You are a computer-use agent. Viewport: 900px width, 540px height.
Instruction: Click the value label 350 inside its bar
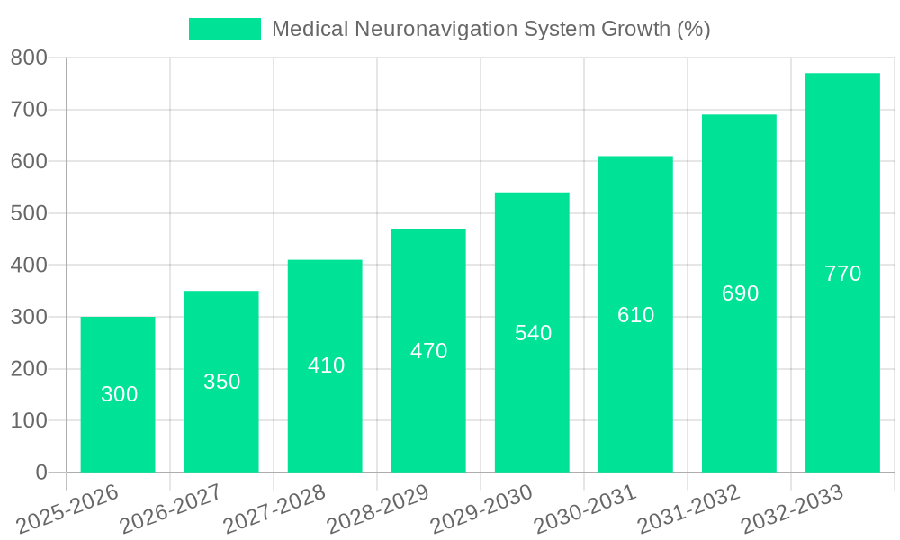221,382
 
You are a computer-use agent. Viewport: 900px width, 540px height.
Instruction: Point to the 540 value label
533,333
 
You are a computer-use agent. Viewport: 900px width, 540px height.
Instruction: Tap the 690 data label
740,293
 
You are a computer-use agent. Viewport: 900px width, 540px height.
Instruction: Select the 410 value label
326,365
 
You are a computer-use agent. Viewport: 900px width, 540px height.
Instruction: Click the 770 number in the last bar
842,274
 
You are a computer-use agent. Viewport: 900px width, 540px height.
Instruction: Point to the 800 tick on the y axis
29,58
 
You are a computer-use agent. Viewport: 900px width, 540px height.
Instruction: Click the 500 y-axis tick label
29,213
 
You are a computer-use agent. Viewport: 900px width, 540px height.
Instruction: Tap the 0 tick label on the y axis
40,472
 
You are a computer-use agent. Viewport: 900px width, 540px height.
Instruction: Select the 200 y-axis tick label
29,369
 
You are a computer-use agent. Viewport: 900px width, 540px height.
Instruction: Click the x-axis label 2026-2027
171,508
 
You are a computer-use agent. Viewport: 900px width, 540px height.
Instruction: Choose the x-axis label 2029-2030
481,508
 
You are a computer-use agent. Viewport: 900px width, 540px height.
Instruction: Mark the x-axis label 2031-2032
688,508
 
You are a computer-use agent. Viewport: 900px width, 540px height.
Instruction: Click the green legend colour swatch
224,29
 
